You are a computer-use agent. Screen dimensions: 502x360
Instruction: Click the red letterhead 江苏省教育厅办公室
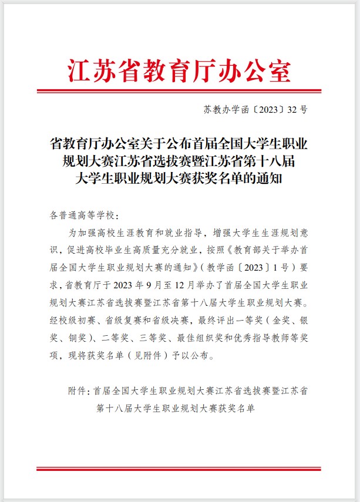(180, 71)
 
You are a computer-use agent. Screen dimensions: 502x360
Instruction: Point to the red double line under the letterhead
(180, 91)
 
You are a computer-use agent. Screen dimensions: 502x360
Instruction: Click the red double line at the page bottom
(180, 469)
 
